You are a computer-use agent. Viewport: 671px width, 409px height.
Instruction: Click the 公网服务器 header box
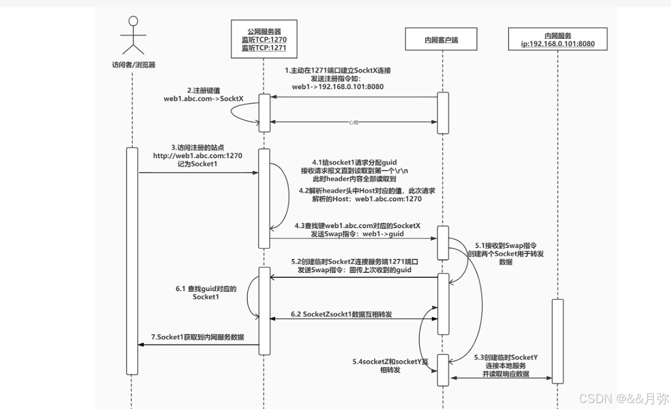(x=264, y=40)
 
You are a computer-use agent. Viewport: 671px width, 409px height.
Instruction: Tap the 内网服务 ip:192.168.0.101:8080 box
(x=558, y=40)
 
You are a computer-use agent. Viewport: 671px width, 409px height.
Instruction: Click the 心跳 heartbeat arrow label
(x=353, y=122)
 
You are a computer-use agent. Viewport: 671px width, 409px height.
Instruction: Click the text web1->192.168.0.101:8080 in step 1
(x=338, y=86)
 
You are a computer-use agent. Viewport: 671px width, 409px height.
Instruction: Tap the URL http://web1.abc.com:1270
(x=198, y=156)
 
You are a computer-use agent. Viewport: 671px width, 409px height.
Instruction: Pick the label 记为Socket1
(x=199, y=164)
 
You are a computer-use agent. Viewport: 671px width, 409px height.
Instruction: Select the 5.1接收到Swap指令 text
(x=505, y=244)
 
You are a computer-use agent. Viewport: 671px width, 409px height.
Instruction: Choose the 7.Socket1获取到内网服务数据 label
(x=197, y=337)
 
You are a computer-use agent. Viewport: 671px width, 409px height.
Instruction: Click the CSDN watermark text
(x=623, y=398)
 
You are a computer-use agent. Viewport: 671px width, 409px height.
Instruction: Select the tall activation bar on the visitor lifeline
(x=132, y=260)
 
